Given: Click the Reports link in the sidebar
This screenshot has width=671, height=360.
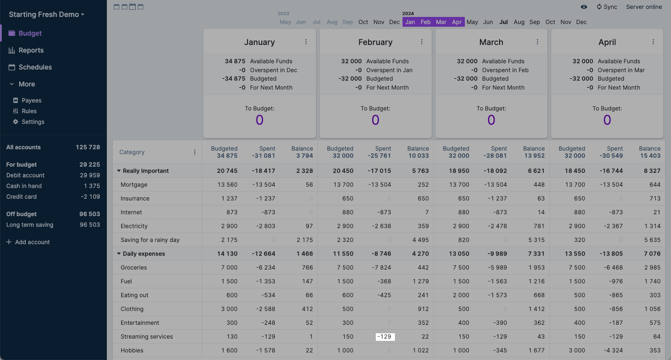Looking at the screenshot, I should click(31, 50).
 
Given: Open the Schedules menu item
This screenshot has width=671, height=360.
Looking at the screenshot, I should click(35, 67).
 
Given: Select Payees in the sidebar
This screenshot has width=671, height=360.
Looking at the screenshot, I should click(31, 100).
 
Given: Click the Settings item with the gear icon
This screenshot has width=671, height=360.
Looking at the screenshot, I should click(33, 122).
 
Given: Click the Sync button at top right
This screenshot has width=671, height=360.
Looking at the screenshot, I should click(607, 7).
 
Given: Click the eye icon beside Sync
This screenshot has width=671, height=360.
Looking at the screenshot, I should click(584, 7).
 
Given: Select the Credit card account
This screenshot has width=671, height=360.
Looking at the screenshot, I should click(21, 196).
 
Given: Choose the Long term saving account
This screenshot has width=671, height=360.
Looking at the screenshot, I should click(29, 225).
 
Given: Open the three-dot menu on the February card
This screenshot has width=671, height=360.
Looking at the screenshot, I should click(422, 42).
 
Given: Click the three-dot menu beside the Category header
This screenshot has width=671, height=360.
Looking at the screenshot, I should click(195, 152).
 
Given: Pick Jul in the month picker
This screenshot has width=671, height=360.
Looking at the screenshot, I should click(504, 22).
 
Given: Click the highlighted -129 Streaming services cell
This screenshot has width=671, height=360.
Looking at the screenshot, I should click(385, 337).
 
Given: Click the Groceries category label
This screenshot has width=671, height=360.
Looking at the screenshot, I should click(134, 267).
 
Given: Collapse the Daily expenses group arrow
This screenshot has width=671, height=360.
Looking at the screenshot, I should click(119, 254).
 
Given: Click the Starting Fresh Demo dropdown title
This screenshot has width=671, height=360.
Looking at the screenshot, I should click(46, 14).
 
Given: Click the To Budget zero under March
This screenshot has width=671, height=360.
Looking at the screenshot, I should click(491, 120).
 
